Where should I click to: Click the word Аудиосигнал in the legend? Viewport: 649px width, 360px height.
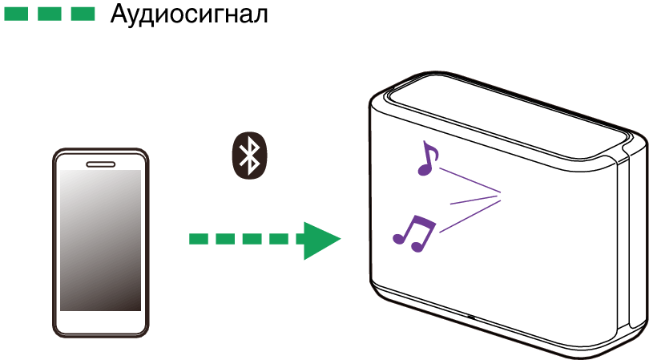189,14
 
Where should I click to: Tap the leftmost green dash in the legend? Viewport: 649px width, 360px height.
16,14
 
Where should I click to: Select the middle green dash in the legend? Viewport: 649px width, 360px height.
49,14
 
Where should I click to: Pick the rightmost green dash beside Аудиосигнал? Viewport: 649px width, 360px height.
83,14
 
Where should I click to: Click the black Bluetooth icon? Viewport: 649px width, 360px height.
249,156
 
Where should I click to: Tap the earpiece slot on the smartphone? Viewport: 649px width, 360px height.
101,164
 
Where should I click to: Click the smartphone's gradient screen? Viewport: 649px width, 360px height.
101,241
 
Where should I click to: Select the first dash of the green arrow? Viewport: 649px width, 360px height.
198,239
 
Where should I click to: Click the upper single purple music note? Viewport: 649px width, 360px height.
428,159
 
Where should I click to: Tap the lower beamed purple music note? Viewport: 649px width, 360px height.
414,233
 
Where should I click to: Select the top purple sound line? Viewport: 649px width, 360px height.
469,180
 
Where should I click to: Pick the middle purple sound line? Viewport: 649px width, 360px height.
476,200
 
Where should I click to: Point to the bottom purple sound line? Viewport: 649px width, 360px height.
470,216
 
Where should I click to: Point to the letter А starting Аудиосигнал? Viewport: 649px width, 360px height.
119,14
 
